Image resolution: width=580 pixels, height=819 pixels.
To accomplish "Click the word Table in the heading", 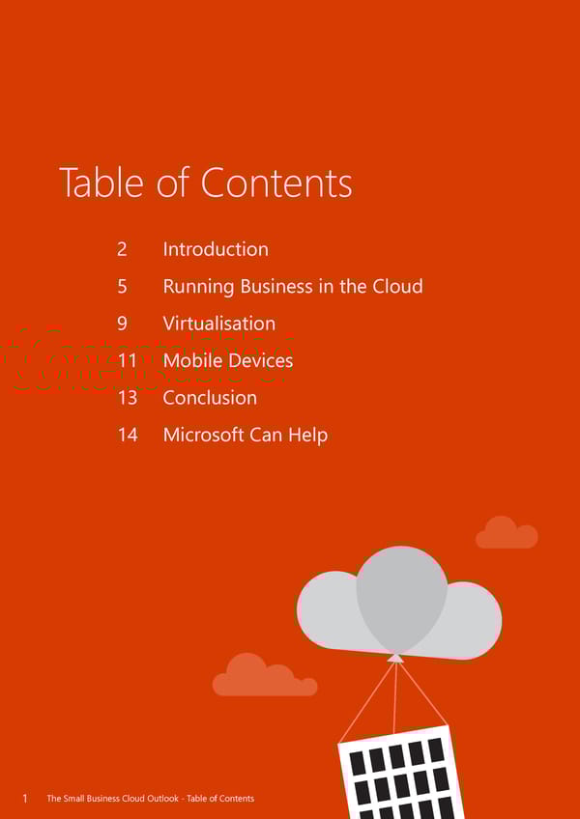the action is pos(101,182).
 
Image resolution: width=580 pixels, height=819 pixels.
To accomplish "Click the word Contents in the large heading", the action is pos(276,183).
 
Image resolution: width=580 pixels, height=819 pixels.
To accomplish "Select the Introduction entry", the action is pos(216,248).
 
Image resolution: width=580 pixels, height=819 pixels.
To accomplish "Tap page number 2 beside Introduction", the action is pos(122,249).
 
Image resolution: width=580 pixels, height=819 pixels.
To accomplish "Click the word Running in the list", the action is pos(198,287).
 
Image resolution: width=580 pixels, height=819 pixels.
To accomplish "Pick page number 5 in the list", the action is pos(122,286).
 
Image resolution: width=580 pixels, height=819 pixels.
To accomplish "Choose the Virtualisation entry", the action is pos(219,324).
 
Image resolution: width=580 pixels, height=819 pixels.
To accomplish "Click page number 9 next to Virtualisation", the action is pos(122,324).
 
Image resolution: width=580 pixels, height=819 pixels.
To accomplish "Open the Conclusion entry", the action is pos(210,398).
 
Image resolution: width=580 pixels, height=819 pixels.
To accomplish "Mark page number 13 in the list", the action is pos(128,398).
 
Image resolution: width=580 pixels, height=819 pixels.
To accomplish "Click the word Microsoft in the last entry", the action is pos(203,435).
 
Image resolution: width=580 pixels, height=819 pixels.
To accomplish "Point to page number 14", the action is pos(128,435).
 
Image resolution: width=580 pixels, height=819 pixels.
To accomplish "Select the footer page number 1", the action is pos(24,799).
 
